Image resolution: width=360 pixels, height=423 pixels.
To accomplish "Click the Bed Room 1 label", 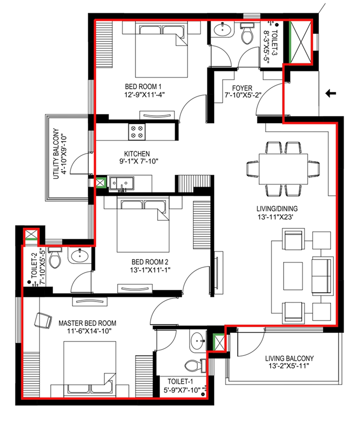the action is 143,87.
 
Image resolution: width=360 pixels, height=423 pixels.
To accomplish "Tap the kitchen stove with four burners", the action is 137,132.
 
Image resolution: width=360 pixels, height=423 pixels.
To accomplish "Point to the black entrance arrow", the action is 330,94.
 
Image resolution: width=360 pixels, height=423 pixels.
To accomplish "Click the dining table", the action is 283,169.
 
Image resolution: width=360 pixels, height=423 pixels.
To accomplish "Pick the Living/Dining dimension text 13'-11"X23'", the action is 275,217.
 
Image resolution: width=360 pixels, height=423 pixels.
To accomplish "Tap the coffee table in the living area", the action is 293,276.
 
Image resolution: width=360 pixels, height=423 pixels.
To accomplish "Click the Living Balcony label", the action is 289,358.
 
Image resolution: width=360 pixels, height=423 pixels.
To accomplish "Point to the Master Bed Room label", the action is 87,323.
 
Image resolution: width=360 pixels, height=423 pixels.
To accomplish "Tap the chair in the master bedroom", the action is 43,320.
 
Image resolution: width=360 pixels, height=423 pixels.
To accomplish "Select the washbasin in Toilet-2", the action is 79,255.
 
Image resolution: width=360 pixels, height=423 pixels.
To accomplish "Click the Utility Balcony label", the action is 56,154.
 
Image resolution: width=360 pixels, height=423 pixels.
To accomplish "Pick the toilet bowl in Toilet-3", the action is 247,33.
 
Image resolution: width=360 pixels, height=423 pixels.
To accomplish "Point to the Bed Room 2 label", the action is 150,262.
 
